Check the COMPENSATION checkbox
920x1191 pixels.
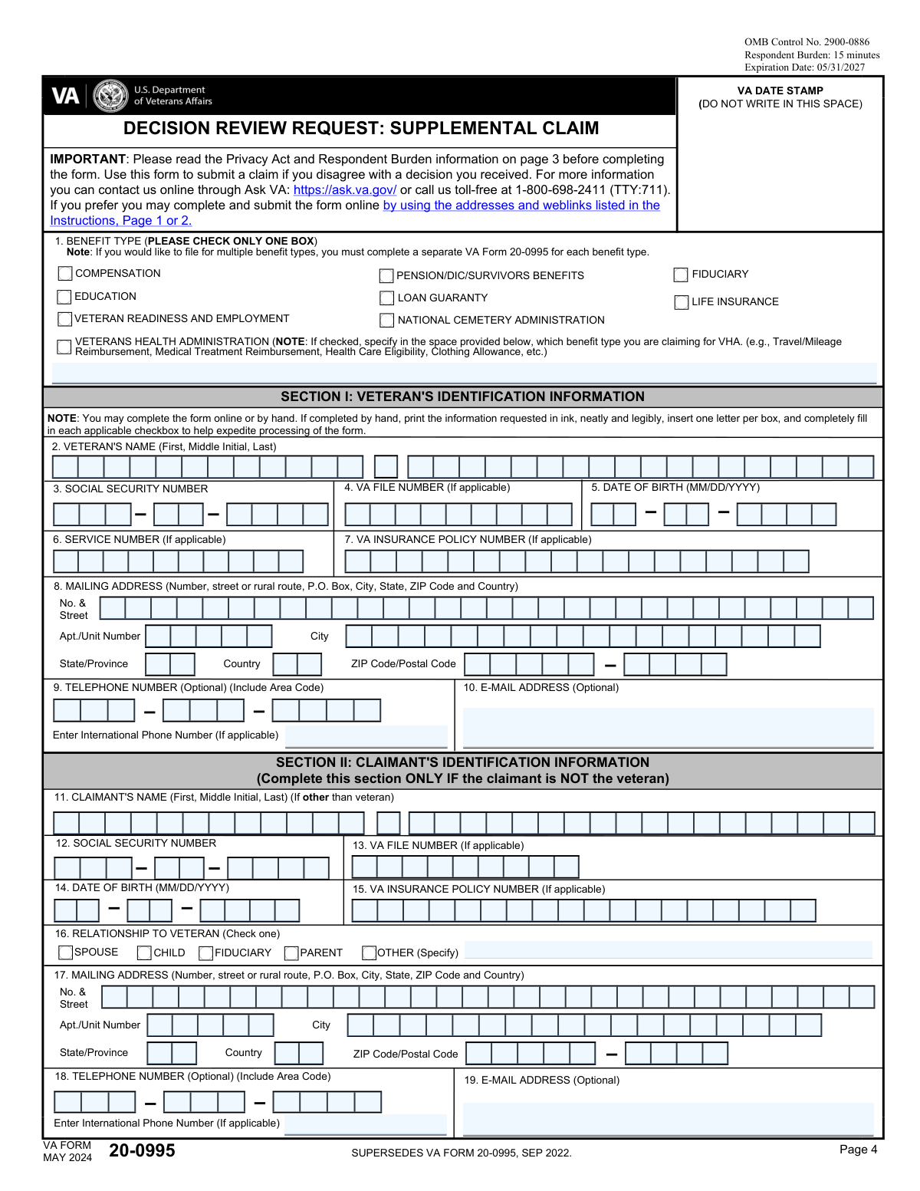[65, 274]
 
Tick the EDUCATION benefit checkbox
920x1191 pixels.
[64, 297]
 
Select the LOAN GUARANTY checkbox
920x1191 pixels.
[387, 298]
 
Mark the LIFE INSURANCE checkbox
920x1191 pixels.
[681, 302]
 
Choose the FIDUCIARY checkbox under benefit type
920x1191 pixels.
[681, 275]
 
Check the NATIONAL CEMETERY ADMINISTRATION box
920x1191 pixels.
[387, 321]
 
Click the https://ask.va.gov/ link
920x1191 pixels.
[345, 190]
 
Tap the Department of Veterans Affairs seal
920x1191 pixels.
[110, 96]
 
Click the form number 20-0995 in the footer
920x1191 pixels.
[142, 1150]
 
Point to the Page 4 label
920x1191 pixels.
[858, 1150]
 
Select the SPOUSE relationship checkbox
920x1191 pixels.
[65, 952]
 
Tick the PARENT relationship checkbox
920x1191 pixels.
[291, 953]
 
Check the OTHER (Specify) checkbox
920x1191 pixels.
[369, 953]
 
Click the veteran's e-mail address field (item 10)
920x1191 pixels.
[668, 726]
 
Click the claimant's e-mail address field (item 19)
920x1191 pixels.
[668, 1118]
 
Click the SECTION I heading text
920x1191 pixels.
[462, 396]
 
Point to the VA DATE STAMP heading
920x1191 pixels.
[780, 90]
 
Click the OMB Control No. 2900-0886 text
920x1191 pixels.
[807, 42]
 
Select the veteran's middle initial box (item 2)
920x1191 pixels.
[386, 466]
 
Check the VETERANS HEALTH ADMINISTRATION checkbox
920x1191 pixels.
[64, 347]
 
